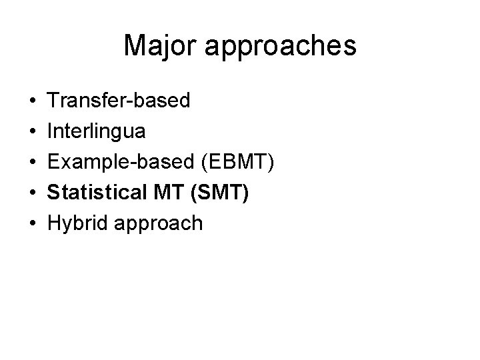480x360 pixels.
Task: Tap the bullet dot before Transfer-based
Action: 33,101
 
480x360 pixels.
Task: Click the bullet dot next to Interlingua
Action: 33,132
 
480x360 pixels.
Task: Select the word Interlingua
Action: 96,132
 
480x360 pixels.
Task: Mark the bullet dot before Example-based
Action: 33,162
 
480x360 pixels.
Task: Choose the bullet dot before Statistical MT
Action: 33,193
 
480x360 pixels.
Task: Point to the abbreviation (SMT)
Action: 219,193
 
